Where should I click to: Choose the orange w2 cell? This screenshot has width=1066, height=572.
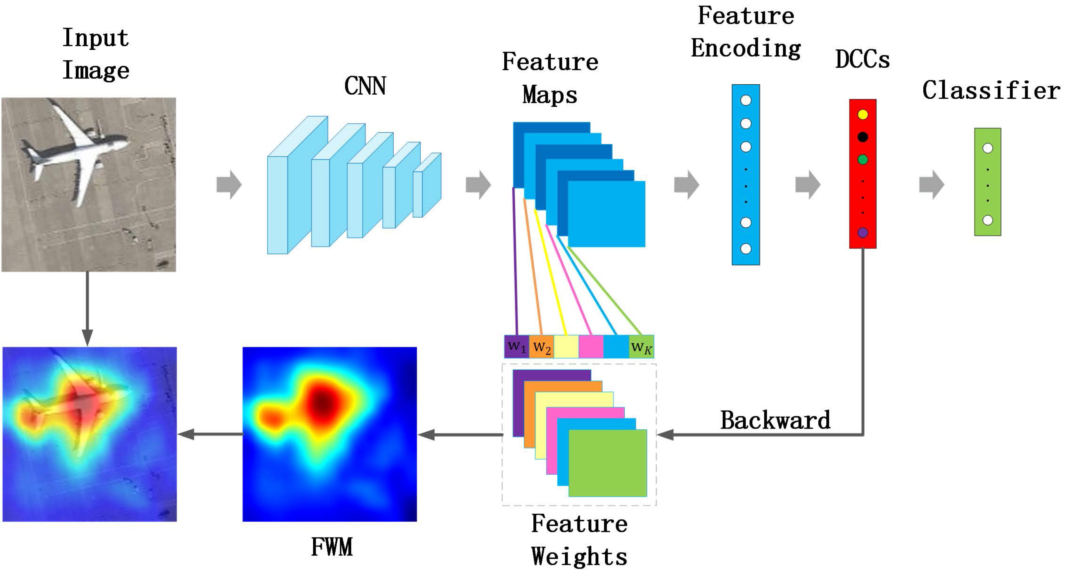541,347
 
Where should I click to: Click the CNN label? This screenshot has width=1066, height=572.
365,86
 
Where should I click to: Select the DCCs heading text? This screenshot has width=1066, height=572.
862,59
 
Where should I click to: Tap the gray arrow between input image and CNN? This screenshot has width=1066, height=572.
229,184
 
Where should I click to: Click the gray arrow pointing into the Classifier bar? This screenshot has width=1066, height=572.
932,184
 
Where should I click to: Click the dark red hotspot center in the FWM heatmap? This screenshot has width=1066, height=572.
322,401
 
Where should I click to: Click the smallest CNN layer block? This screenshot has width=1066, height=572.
427,185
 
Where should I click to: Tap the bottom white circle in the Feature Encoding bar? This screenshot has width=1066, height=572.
746,248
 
